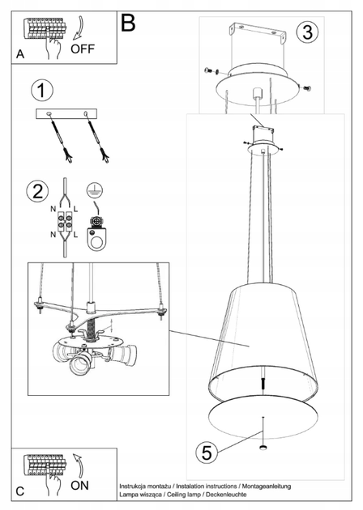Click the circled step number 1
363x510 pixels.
(x=42, y=90)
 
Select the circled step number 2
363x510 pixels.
(x=37, y=190)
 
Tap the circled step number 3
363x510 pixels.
(x=307, y=32)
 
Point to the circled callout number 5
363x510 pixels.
(x=207, y=453)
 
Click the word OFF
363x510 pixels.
(x=83, y=49)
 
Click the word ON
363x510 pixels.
(x=79, y=486)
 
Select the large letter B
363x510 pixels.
(x=128, y=23)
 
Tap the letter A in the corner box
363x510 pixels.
(x=20, y=54)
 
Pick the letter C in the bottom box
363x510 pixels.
(x=20, y=491)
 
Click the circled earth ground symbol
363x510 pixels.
(x=95, y=190)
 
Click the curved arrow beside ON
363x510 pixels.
(x=79, y=465)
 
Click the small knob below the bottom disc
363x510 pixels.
(x=263, y=447)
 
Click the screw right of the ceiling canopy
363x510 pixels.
(x=306, y=88)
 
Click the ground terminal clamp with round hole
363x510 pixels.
(x=96, y=233)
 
